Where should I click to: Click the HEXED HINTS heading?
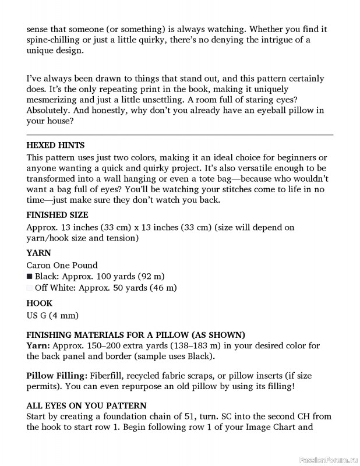click(56, 145)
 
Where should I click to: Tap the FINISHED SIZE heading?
click(57, 214)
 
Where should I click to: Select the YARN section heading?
click(38, 253)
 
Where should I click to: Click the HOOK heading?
click(40, 303)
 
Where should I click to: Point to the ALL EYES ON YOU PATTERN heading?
click(86, 405)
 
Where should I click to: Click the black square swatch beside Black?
click(30, 276)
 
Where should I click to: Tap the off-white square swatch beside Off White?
click(30, 288)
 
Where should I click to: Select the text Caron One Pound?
click(62, 265)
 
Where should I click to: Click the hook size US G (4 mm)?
click(52, 315)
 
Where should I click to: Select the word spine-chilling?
click(56, 39)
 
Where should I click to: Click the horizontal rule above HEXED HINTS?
click(180, 135)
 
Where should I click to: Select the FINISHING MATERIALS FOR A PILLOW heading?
click(136, 334)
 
